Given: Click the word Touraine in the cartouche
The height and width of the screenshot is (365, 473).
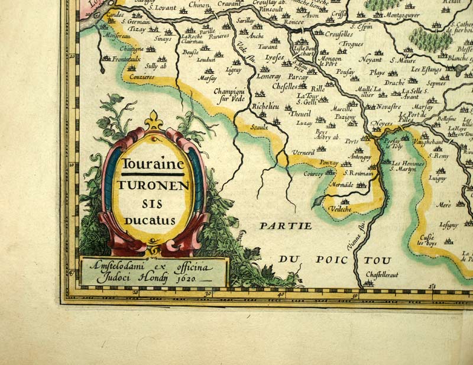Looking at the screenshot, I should click(153, 166).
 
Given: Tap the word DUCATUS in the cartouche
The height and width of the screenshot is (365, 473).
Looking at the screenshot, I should click(150, 220).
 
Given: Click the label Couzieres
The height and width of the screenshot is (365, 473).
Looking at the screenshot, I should click(142, 77).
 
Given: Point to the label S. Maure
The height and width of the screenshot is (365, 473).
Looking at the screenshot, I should click(403, 59).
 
